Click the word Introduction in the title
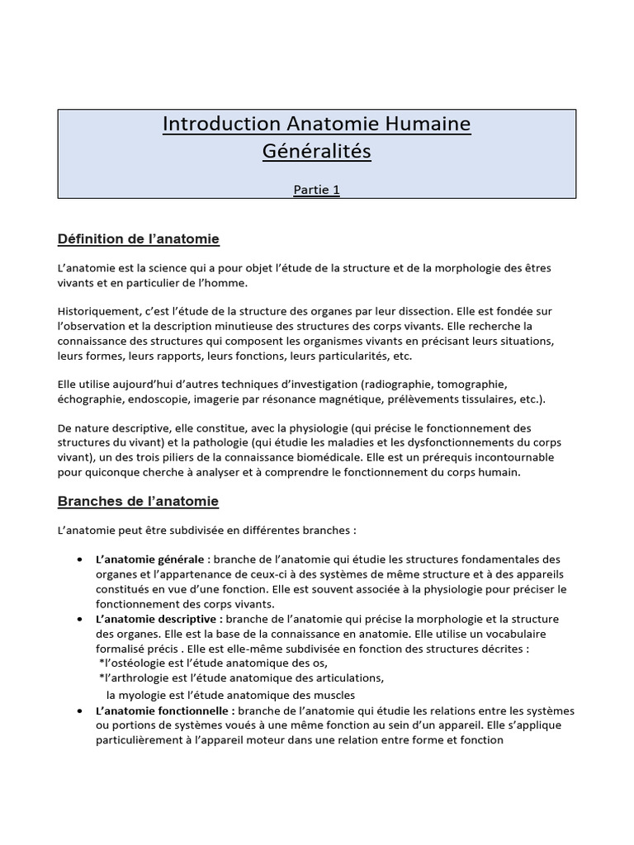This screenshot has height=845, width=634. [210, 124]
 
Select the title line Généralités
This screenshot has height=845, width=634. [317, 152]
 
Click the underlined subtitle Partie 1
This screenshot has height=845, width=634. [317, 190]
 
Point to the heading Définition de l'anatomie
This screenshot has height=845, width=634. [139, 239]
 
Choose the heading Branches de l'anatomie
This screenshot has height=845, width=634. [138, 501]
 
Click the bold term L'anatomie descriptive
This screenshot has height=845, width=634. [158, 619]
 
